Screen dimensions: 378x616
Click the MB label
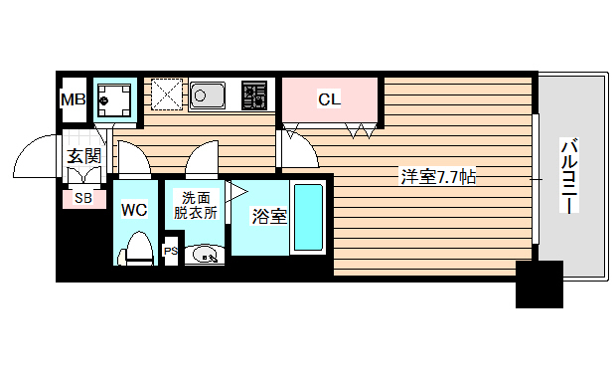(74, 99)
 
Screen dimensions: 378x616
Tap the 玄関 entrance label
(83, 155)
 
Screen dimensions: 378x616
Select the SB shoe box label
(83, 198)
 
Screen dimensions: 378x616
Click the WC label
(134, 210)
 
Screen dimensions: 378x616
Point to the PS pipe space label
(171, 252)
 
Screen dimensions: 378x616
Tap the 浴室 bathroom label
(269, 215)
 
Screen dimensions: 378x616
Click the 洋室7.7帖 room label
(438, 178)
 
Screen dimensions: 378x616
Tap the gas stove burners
(255, 95)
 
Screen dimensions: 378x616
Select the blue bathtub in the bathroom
(309, 219)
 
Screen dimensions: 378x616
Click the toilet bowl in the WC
(138, 248)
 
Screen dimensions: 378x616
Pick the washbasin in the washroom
(205, 255)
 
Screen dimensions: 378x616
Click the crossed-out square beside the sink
(165, 95)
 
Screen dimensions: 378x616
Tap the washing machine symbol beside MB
(116, 99)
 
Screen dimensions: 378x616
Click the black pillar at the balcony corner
(539, 284)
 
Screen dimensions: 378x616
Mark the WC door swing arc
(132, 156)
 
